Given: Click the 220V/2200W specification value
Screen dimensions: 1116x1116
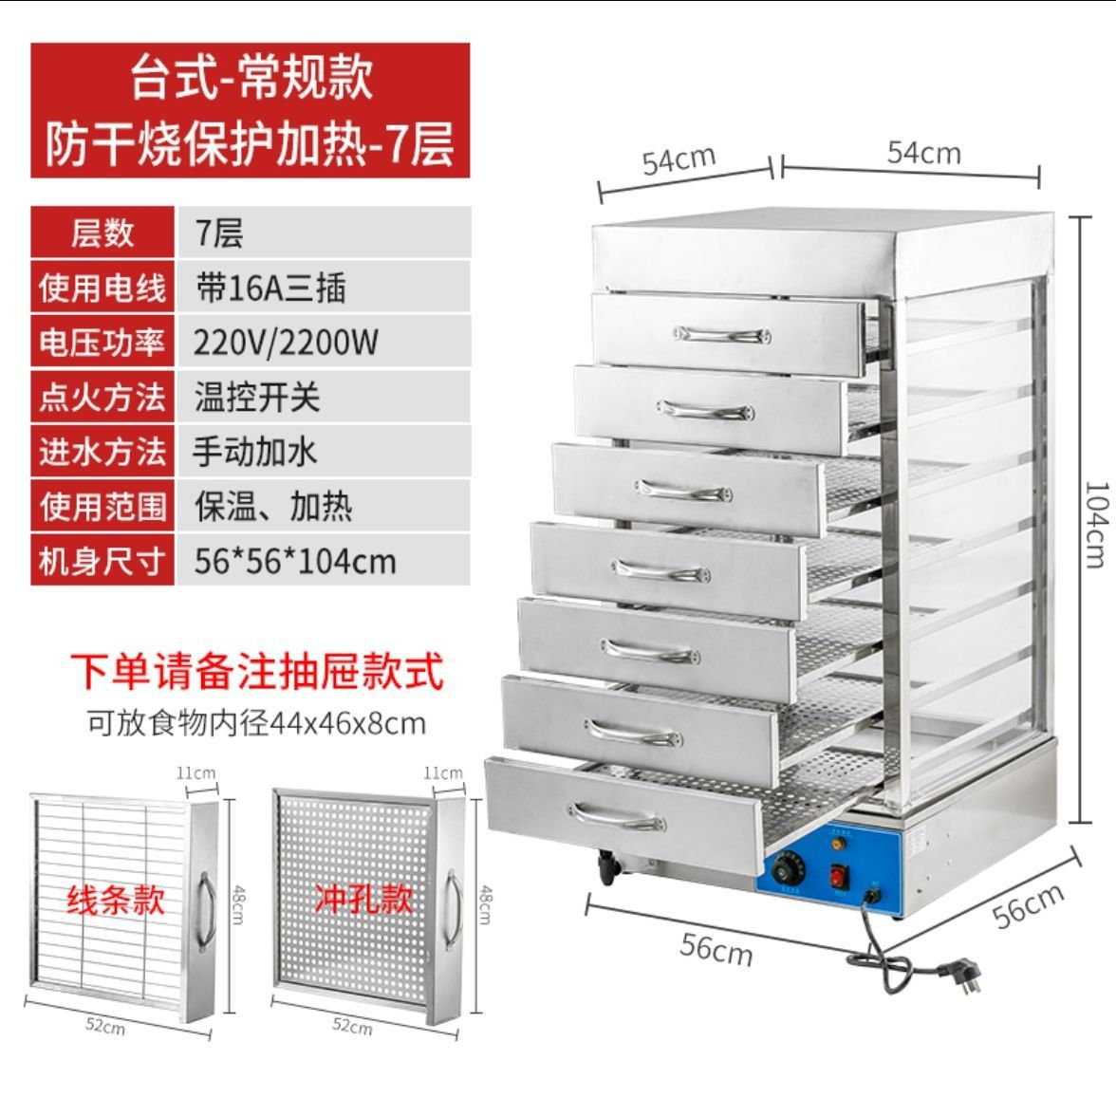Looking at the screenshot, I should point(286,342).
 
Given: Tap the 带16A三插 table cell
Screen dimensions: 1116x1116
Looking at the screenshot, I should point(270,287).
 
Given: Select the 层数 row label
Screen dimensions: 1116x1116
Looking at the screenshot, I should point(102,232).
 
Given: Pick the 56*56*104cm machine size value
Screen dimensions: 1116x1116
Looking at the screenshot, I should point(294,561).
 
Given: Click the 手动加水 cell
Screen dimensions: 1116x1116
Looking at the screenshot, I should point(255,451).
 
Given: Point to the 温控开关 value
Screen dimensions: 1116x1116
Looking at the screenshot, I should point(257,397).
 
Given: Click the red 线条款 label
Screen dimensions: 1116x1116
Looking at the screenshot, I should point(115,898).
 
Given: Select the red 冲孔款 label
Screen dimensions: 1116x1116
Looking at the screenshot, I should point(363,898).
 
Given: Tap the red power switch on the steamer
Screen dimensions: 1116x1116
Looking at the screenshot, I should point(839,875).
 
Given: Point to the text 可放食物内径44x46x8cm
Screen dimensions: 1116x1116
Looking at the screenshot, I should point(256,724).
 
